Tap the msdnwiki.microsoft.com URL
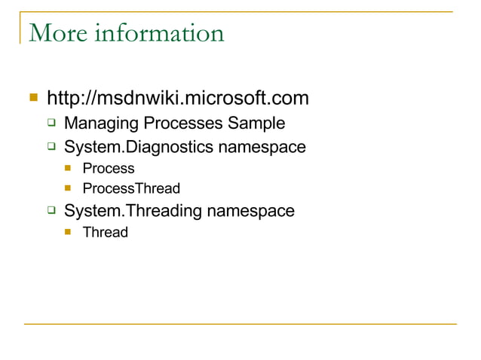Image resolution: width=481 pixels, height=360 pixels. click(178, 99)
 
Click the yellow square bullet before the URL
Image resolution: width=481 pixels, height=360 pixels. click(32, 97)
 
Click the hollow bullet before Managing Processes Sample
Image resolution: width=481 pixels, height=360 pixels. click(51, 122)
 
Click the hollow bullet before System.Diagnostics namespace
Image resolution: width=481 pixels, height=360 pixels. click(51, 145)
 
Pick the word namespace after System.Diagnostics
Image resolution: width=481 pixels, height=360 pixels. click(262, 146)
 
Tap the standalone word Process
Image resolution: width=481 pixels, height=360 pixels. click(109, 169)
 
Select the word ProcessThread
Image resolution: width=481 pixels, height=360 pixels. click(131, 188)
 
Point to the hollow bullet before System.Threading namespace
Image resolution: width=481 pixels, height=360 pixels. click(51, 210)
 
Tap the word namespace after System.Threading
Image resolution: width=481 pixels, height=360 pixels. click(251, 211)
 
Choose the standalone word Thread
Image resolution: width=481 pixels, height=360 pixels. click(106, 232)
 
